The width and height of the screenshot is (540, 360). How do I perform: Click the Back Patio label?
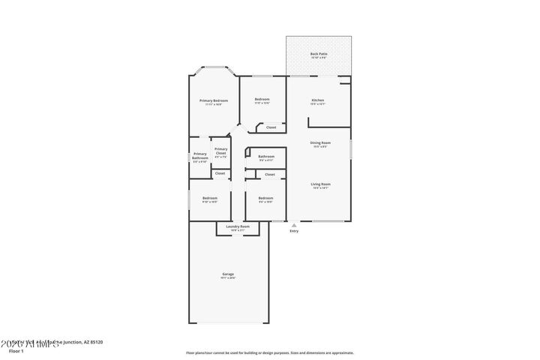(x=319, y=54)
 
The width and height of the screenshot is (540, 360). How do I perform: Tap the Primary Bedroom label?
(x=214, y=100)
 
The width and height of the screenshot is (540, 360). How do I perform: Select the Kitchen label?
(x=318, y=100)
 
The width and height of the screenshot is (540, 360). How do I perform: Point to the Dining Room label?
(x=320, y=142)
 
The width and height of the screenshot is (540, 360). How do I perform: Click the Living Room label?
(x=321, y=184)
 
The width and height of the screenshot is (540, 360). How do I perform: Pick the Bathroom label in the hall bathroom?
(x=266, y=156)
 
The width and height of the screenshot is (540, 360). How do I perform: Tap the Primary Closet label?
(x=220, y=151)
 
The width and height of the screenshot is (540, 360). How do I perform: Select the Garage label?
(x=228, y=274)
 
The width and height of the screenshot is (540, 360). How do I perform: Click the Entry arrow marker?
(x=294, y=223)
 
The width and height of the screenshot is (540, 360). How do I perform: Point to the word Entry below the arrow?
(x=294, y=231)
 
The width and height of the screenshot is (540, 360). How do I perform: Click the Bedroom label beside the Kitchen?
(x=262, y=100)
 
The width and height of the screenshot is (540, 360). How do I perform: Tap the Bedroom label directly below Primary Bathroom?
(x=209, y=198)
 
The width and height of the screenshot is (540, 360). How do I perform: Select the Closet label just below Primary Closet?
(x=220, y=173)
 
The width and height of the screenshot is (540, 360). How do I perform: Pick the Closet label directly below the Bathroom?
(x=270, y=174)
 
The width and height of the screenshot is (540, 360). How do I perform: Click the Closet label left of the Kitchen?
(x=271, y=127)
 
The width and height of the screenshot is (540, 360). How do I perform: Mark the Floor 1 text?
(x=16, y=351)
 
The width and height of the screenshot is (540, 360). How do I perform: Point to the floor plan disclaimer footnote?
(x=270, y=352)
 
